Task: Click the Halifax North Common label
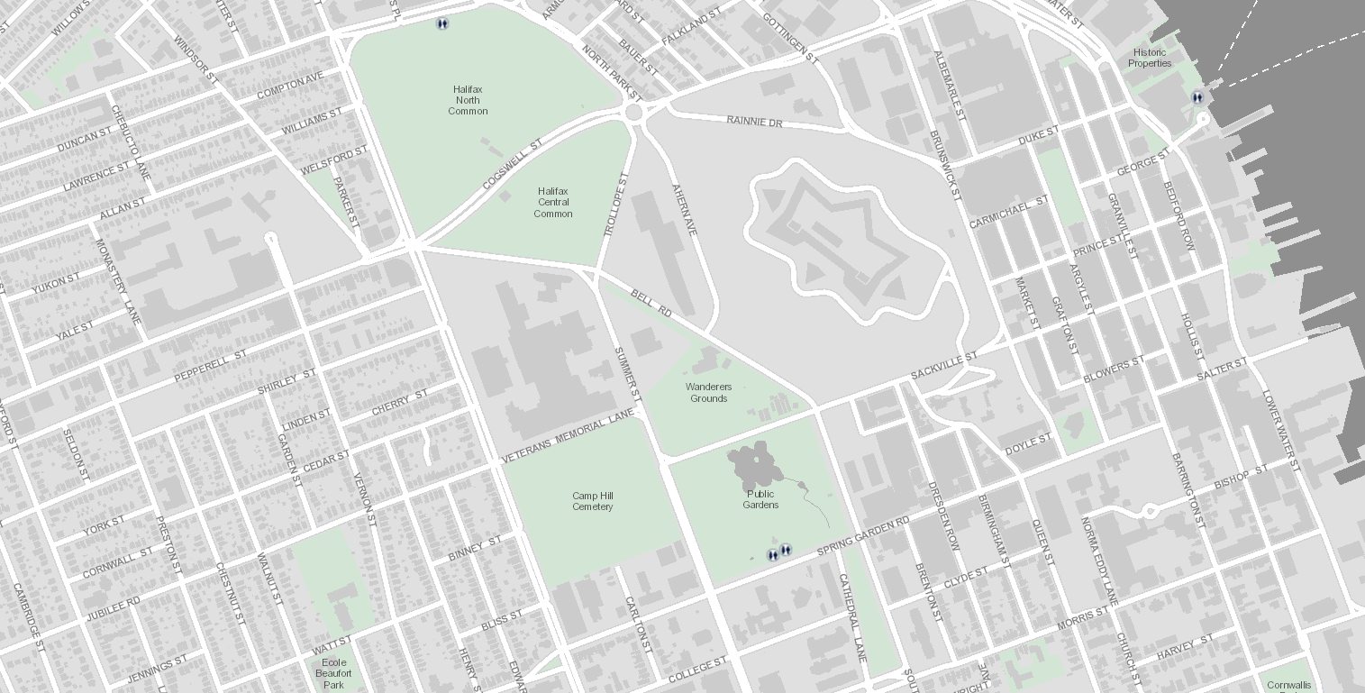468,100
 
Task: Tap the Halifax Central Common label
553,203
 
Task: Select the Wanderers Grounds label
708,393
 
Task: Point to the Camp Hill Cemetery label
592,501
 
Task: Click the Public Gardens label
760,499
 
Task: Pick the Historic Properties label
1150,58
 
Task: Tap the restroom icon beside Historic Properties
1197,97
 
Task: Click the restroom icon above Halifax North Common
441,23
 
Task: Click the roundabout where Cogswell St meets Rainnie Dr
633,112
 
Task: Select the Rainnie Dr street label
755,121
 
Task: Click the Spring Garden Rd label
863,536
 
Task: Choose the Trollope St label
614,205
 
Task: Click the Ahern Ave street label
685,211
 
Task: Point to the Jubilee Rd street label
113,609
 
